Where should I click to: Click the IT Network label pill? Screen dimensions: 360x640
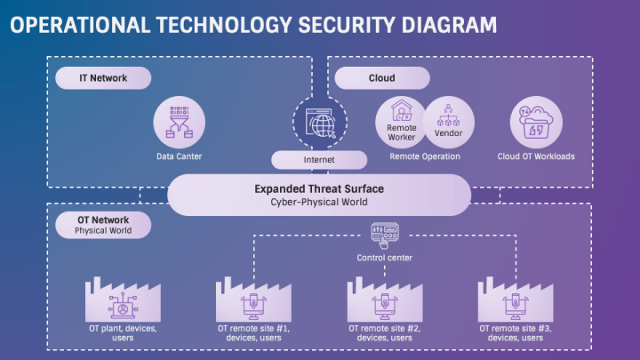click(103, 78)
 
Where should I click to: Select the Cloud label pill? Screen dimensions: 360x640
click(381, 78)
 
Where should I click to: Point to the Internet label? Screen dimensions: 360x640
click(319, 160)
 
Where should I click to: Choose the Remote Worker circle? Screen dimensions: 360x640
click(402, 121)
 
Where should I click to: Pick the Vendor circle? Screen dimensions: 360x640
click(449, 121)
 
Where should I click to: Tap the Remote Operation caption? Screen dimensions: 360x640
click(425, 156)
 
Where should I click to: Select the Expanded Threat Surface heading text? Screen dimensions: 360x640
click(319, 188)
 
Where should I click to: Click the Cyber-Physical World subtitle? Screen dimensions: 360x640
click(319, 202)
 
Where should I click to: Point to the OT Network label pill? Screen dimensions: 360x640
click(103, 225)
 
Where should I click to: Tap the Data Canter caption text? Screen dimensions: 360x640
click(180, 156)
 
